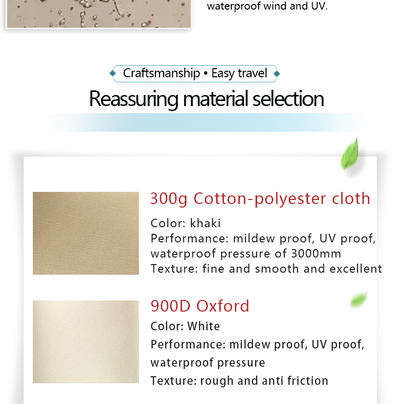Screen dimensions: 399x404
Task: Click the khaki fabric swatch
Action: pyautogui.click(x=85, y=233)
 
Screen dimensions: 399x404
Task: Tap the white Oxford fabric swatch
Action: pyautogui.click(x=85, y=342)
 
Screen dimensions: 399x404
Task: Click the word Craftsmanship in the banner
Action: pyautogui.click(x=161, y=73)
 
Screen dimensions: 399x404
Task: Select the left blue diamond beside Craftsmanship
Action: pyautogui.click(x=113, y=73)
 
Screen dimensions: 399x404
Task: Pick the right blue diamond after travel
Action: pyautogui.click(x=277, y=74)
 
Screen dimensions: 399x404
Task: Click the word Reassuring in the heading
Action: pyautogui.click(x=134, y=99)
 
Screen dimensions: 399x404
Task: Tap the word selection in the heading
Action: pyautogui.click(x=288, y=99)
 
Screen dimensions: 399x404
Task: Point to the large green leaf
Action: pyautogui.click(x=350, y=154)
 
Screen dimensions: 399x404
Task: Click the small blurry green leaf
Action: pyautogui.click(x=359, y=299)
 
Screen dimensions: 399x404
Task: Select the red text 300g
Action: pyautogui.click(x=169, y=199)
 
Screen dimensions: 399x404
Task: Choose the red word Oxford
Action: pyautogui.click(x=223, y=306)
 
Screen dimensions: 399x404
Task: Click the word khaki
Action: pyautogui.click(x=205, y=223)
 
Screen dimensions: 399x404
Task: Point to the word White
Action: pyautogui.click(x=204, y=326)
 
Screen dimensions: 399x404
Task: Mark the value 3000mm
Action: pyautogui.click(x=316, y=254)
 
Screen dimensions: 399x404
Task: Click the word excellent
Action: pyautogui.click(x=356, y=269)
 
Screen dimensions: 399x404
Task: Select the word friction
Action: pyautogui.click(x=308, y=381)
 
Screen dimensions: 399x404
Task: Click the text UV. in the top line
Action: pyautogui.click(x=319, y=6)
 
